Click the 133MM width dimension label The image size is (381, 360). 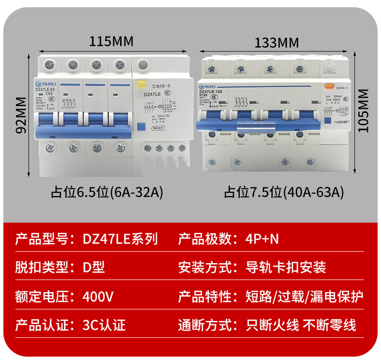coord(277,42)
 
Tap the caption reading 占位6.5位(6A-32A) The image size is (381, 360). coord(107,193)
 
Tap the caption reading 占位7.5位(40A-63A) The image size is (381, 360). coord(284,193)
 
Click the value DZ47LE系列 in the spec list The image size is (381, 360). coord(120,239)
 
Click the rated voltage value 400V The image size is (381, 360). coord(98,296)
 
